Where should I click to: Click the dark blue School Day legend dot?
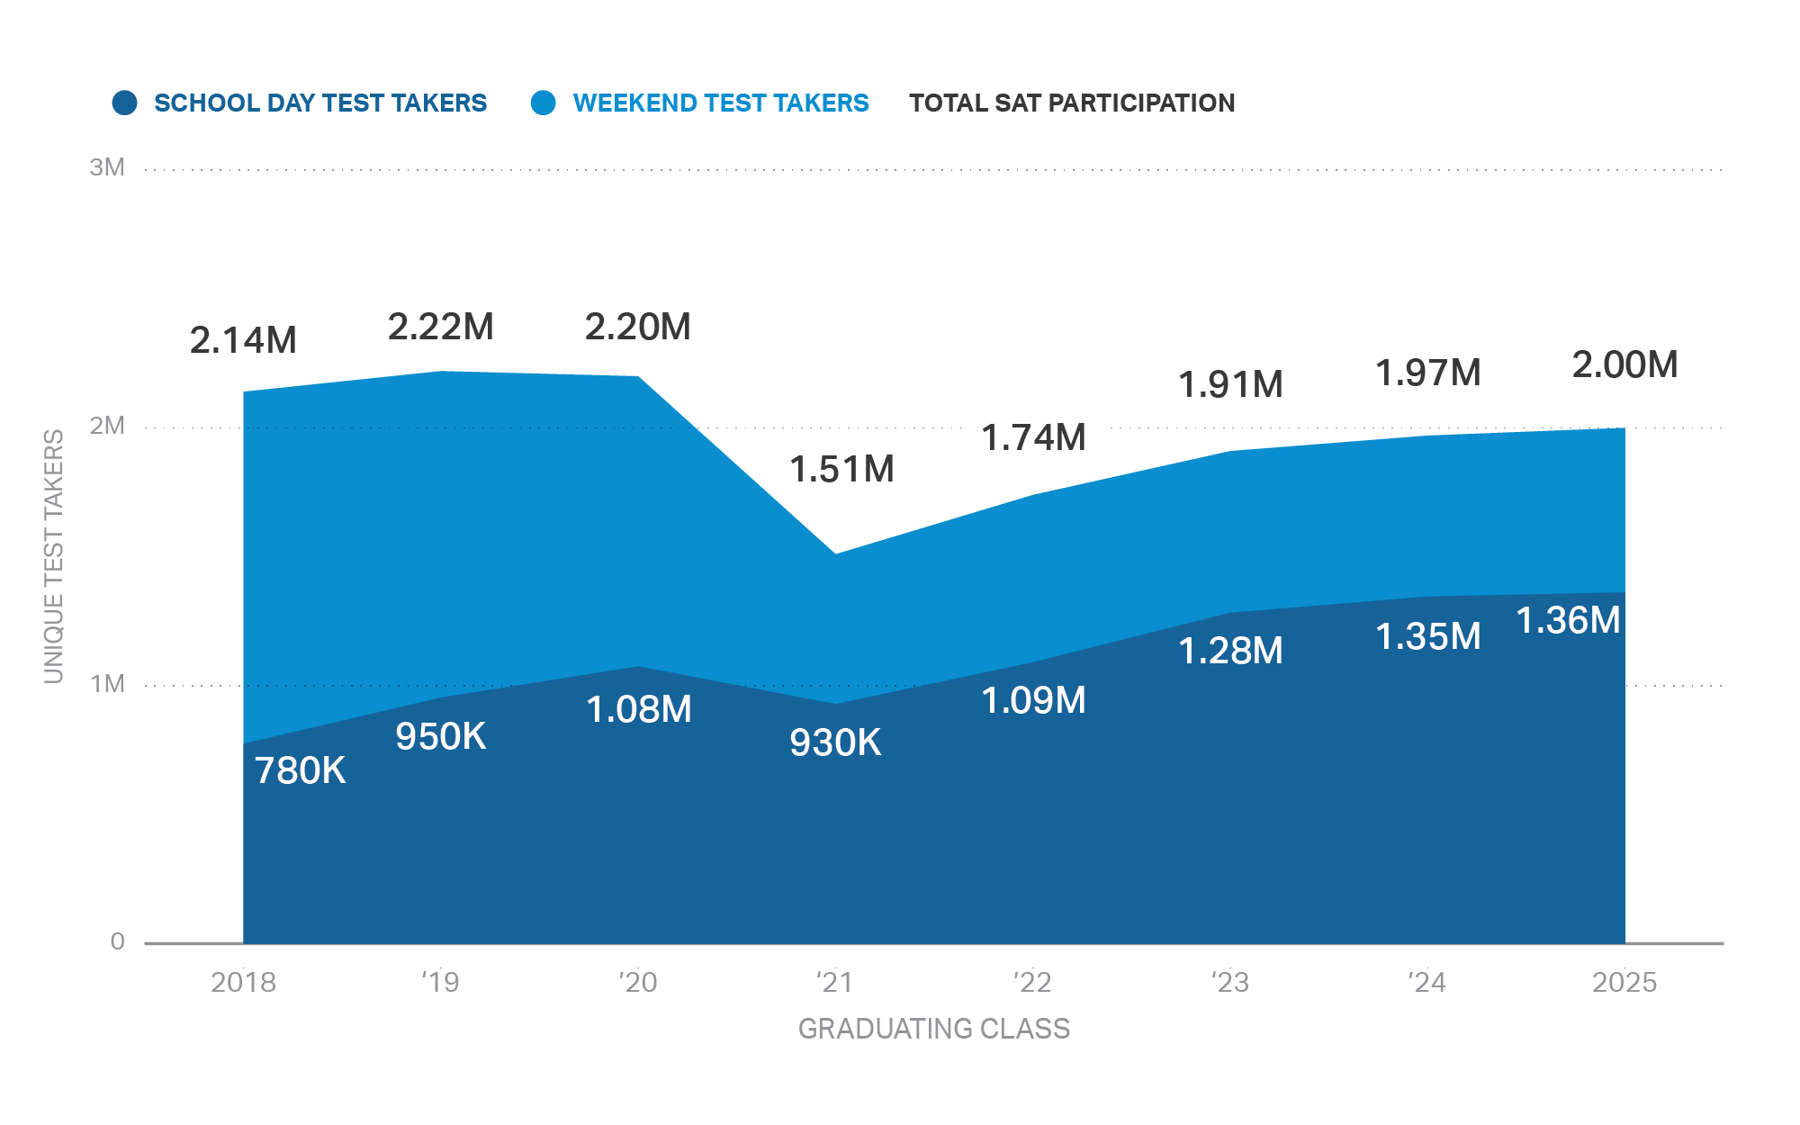pyautogui.click(x=124, y=103)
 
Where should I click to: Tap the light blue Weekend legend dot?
pyautogui.click(x=543, y=103)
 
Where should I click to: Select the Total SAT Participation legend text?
pyautogui.click(x=1071, y=103)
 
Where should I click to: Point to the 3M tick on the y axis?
pyautogui.click(x=107, y=167)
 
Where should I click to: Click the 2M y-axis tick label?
pyautogui.click(x=107, y=426)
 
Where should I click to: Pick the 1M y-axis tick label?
pyautogui.click(x=107, y=684)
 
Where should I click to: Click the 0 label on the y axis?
pyautogui.click(x=117, y=941)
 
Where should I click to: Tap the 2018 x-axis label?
pyautogui.click(x=243, y=982)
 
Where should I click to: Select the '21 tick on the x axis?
pyautogui.click(x=834, y=982)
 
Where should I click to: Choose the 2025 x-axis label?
pyautogui.click(x=1624, y=982)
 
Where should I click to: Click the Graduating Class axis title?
pyautogui.click(x=933, y=1028)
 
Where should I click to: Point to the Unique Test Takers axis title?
pyautogui.click(x=54, y=556)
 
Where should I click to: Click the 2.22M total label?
pyautogui.click(x=440, y=327)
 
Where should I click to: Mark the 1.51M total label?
pyautogui.click(x=841, y=469)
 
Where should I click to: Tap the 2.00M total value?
pyautogui.click(x=1624, y=364)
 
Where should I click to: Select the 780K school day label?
pyautogui.click(x=300, y=770)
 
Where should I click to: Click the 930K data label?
pyautogui.click(x=835, y=742)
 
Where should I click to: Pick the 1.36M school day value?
pyautogui.click(x=1568, y=620)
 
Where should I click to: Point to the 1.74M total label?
pyautogui.click(x=1033, y=437)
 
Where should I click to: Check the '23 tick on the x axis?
pyautogui.click(x=1229, y=982)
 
